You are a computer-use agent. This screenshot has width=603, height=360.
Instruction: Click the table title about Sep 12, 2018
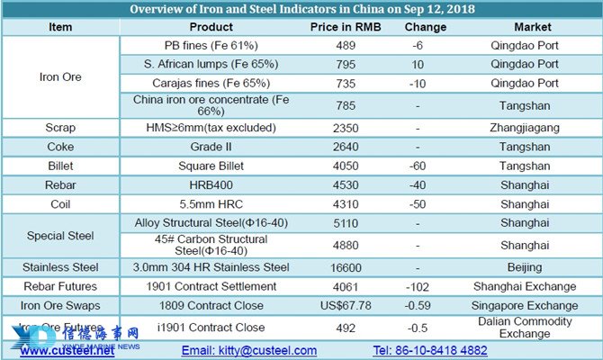tap(302, 9)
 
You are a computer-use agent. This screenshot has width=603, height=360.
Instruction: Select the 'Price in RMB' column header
tap(346, 27)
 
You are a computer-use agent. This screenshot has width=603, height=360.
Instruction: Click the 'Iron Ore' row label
tap(60, 77)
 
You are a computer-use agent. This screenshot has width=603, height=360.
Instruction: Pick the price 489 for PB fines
tap(346, 46)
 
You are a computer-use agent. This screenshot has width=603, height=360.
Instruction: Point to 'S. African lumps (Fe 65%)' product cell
tap(211, 64)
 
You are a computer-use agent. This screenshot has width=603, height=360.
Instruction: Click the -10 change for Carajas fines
tap(418, 82)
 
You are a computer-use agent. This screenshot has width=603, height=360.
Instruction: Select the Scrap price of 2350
tap(346, 128)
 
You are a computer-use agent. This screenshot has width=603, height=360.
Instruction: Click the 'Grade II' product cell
tap(211, 147)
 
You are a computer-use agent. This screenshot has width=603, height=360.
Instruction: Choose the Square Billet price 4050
tap(346, 166)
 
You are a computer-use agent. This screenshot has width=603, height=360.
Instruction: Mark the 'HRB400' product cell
tap(211, 185)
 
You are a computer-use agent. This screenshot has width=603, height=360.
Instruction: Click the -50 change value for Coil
tap(418, 204)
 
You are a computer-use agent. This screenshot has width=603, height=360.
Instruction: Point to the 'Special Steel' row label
tap(60, 236)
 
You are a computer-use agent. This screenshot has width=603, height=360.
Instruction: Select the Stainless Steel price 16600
tap(346, 267)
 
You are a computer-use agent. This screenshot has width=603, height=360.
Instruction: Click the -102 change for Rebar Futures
tap(418, 287)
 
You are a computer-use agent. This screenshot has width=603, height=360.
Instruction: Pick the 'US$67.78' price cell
tap(346, 306)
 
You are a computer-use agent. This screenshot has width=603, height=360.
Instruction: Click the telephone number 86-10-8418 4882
tap(431, 350)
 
